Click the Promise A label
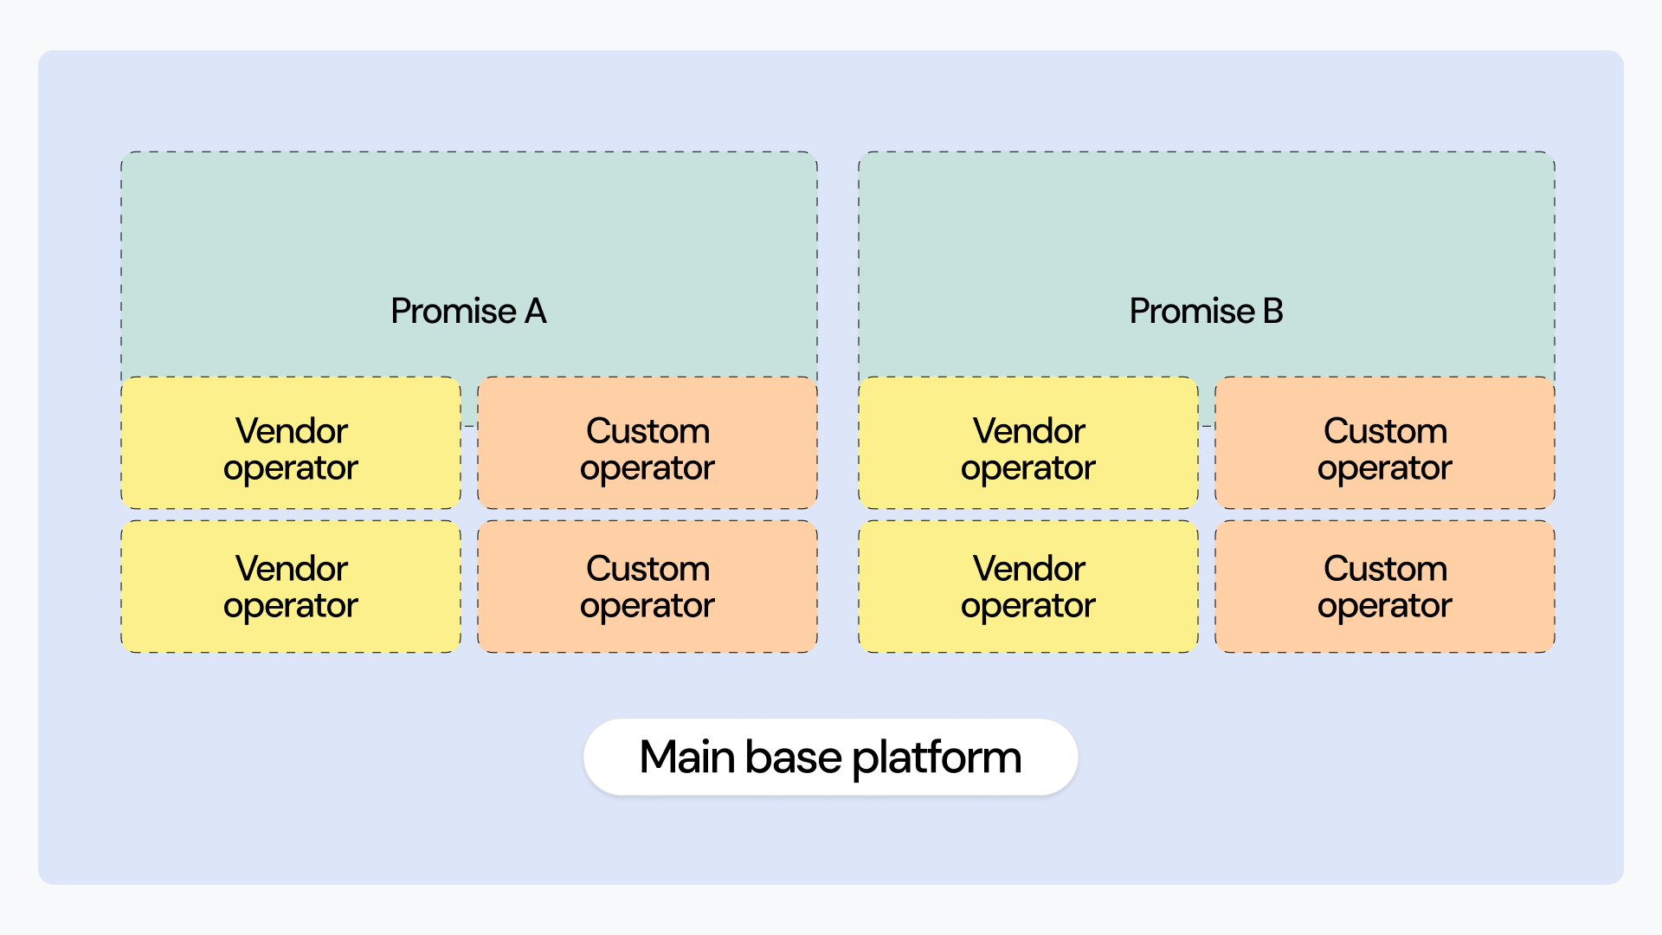pyautogui.click(x=468, y=311)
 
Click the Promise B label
pyautogui.click(x=1206, y=311)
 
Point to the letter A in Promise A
pyautogui.click(x=535, y=311)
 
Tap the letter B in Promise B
pyautogui.click(x=1272, y=311)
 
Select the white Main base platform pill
pyautogui.click(x=831, y=757)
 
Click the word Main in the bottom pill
pyautogui.click(x=688, y=757)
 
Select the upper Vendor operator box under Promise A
pyautogui.click(x=291, y=442)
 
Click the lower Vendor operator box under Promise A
pyautogui.click(x=291, y=586)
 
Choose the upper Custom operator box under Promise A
pyautogui.click(x=647, y=442)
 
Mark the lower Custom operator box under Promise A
pyautogui.click(x=647, y=586)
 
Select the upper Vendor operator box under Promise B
pyautogui.click(x=1028, y=442)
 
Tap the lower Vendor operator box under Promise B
pyautogui.click(x=1028, y=586)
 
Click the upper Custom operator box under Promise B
pyautogui.click(x=1385, y=442)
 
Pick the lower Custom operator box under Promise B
pyautogui.click(x=1385, y=586)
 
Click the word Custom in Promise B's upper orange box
pyautogui.click(x=1385, y=430)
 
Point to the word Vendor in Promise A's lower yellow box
pyautogui.click(x=292, y=568)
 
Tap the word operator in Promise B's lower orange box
pyautogui.click(x=1385, y=607)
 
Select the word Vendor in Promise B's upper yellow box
pyautogui.click(x=1029, y=430)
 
